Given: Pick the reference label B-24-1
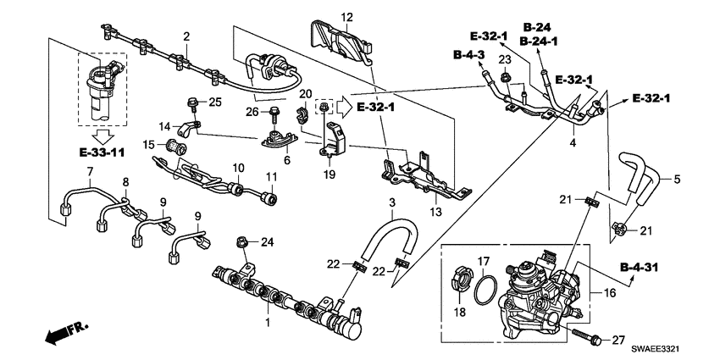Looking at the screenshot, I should pyautogui.click(x=539, y=41).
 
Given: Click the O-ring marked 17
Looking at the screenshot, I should pyautogui.click(x=484, y=290).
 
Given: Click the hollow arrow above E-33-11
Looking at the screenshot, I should pyautogui.click(x=102, y=136).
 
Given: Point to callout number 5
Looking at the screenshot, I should pyautogui.click(x=676, y=179).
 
